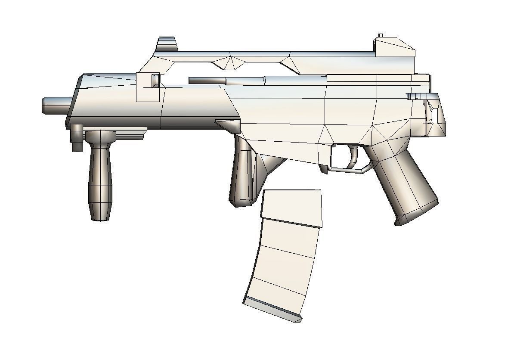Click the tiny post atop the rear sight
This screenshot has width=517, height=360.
(380, 35)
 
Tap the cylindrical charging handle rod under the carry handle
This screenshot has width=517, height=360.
(207, 81)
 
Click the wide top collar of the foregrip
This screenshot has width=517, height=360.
(100, 136)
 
